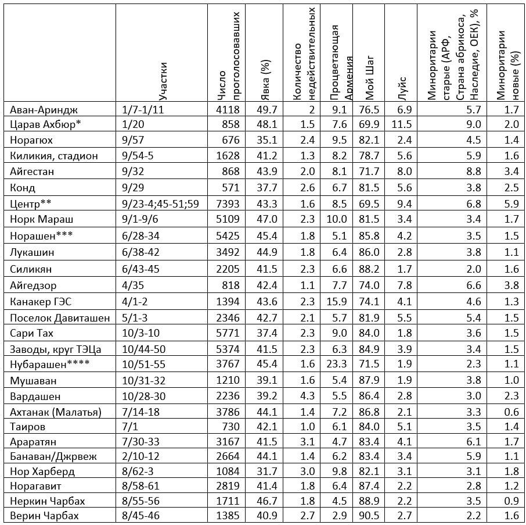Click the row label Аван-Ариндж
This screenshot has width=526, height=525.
(x=44, y=109)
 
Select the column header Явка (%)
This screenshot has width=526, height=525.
(x=266, y=76)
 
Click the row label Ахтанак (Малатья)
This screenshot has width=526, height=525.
(x=56, y=412)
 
